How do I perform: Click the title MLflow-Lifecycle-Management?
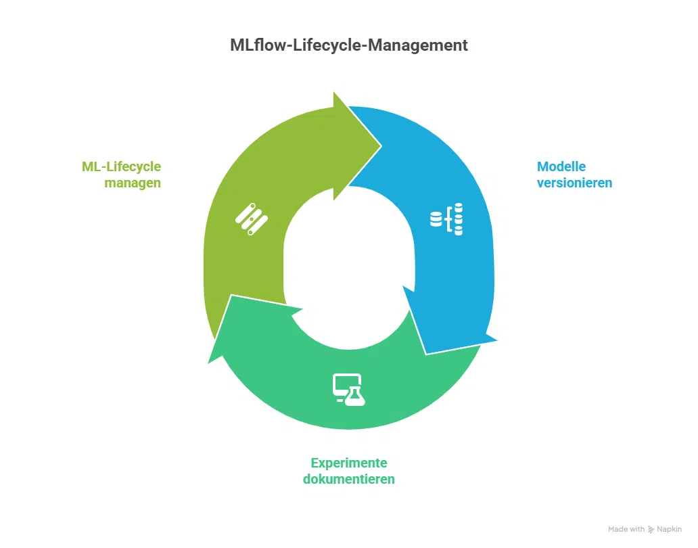pyautogui.click(x=348, y=45)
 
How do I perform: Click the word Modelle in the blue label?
pyautogui.click(x=561, y=166)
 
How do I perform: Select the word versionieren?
pyautogui.click(x=574, y=183)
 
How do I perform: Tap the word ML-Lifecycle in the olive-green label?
pyautogui.click(x=122, y=166)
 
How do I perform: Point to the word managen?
pyautogui.click(x=133, y=183)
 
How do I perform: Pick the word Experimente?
pyautogui.click(x=349, y=463)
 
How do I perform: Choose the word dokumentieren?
pyautogui.click(x=349, y=479)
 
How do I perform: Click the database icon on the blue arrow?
pyautogui.click(x=447, y=218)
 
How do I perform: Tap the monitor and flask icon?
pyautogui.click(x=349, y=390)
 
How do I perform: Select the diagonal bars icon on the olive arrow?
pyautogui.click(x=251, y=218)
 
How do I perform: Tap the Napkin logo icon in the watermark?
pyautogui.click(x=651, y=529)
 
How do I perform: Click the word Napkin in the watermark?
pyautogui.click(x=669, y=529)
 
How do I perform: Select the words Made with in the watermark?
pyautogui.click(x=626, y=529)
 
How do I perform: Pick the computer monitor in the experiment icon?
pyautogui.click(x=342, y=384)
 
